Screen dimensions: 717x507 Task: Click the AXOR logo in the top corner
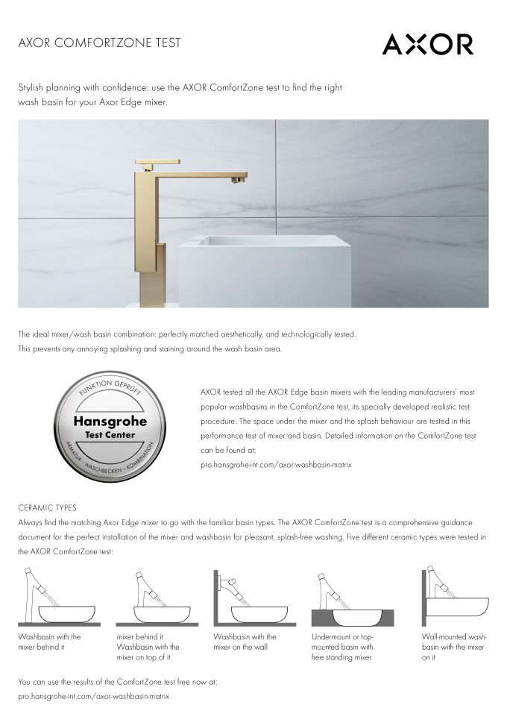[427, 44]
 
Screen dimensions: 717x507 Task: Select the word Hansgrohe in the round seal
[110, 422]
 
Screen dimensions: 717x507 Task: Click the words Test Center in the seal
[110, 435]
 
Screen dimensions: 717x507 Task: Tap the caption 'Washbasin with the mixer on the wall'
[245, 642]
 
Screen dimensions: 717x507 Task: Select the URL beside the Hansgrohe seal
[277, 464]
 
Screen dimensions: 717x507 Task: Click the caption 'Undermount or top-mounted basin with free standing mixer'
[342, 647]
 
